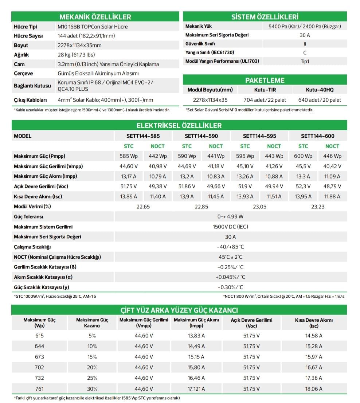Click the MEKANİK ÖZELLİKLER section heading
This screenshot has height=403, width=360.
95,17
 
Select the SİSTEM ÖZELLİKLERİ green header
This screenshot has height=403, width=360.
265,17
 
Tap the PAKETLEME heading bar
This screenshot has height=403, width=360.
265,80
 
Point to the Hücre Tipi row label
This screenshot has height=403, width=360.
26,27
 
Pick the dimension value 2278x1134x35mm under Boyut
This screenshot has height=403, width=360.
79,45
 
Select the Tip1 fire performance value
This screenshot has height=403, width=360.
305,61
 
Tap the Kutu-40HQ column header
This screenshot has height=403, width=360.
320,90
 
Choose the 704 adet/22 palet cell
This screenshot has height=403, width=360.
265,100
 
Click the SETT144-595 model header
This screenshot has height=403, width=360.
259,136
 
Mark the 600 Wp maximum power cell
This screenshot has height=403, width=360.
303,156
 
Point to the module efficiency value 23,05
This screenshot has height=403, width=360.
259,207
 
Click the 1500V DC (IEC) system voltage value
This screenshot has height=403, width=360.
230,227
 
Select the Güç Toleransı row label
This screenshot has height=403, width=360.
28,217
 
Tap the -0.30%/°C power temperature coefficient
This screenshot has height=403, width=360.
230,287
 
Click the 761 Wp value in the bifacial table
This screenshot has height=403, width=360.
39,389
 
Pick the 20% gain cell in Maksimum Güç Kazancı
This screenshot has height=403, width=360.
92,367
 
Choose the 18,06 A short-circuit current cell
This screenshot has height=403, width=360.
314,389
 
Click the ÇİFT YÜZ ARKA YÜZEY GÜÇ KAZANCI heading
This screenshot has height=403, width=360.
179,310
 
